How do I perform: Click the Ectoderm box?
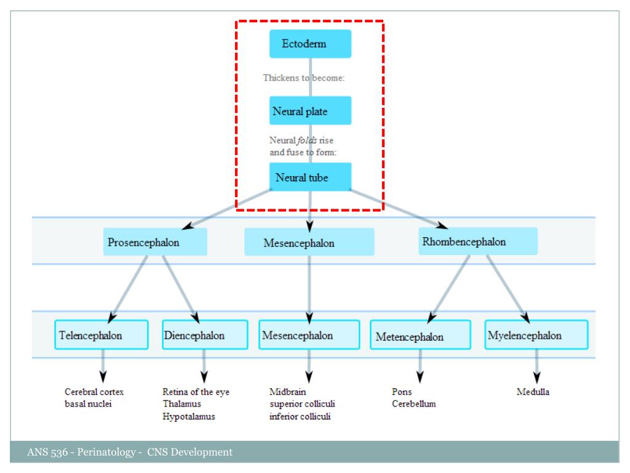310,44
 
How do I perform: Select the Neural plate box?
310,111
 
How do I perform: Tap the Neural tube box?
310,177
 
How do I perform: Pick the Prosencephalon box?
155,242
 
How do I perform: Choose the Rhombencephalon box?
477,241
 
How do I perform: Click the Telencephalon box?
102,335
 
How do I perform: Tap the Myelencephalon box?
536,335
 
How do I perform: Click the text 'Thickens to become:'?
307,78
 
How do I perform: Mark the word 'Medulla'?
533,392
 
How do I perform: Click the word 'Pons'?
402,392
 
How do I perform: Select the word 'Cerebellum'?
413,404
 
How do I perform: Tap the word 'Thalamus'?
181,404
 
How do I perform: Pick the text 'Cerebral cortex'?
94,392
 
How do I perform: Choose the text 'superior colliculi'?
302,404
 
